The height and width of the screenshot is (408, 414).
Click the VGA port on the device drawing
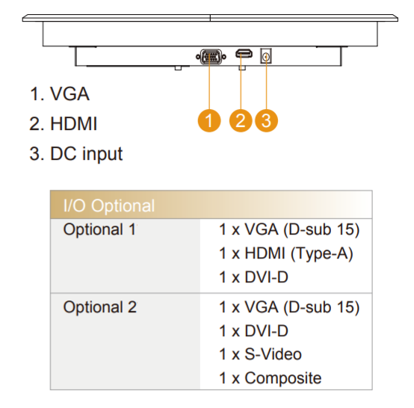tap(211, 57)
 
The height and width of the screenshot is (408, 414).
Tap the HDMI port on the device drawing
tap(244, 54)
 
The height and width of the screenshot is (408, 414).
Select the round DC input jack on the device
tap(266, 57)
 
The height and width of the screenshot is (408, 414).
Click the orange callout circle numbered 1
tap(209, 120)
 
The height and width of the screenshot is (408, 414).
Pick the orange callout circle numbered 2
tap(241, 120)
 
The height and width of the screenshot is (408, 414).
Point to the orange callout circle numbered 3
tap(266, 120)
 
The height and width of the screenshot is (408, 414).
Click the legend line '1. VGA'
tap(59, 93)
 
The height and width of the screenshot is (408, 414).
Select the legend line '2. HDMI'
tap(64, 123)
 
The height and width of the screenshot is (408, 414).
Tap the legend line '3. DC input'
tap(76, 154)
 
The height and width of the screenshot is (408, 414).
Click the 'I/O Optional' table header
tap(109, 205)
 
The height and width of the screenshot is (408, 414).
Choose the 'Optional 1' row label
tap(99, 229)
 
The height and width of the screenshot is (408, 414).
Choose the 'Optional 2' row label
tap(100, 307)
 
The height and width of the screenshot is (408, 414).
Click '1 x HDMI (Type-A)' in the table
tap(286, 253)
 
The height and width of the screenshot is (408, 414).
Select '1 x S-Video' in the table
tap(260, 354)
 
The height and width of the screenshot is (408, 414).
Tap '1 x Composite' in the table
tap(271, 378)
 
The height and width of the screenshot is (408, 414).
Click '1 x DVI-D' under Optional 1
tap(253, 277)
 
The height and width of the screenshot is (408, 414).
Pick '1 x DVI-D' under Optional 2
tap(253, 330)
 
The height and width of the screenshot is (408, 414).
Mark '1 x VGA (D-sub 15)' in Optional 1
tap(289, 229)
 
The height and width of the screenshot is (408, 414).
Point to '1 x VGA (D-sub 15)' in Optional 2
tap(289, 307)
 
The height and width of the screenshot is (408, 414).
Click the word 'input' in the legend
tap(102, 154)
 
